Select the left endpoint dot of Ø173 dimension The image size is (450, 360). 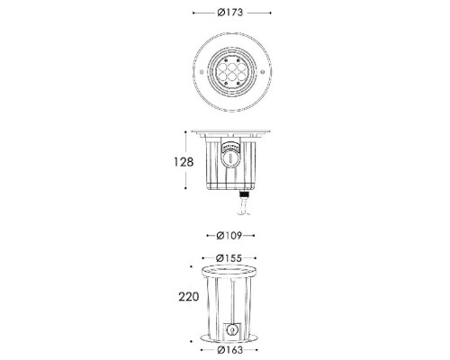194,14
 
